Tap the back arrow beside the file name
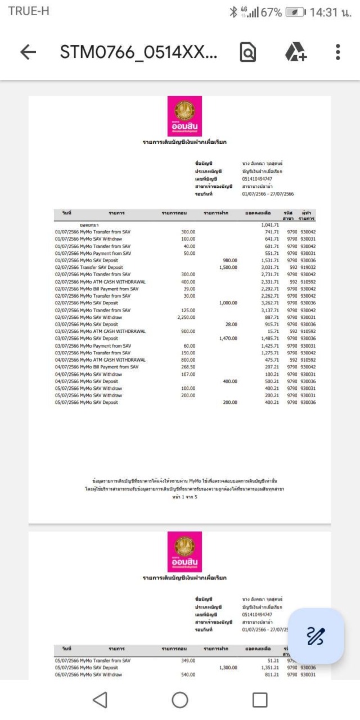(x=28, y=52)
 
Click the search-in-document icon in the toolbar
(x=247, y=52)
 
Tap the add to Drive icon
(x=295, y=52)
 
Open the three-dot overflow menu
(x=337, y=52)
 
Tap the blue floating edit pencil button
(x=316, y=636)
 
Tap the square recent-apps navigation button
(x=260, y=700)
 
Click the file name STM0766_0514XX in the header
(x=138, y=52)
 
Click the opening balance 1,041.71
(x=270, y=225)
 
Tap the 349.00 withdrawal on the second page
(x=187, y=660)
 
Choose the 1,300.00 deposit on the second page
(x=228, y=668)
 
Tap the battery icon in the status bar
(x=296, y=12)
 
